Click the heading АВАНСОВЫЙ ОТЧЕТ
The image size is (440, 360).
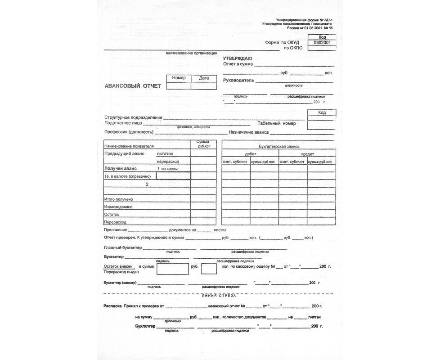coord(132,85)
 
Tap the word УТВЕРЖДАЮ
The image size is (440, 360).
coord(238,58)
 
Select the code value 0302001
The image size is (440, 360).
coord(322,43)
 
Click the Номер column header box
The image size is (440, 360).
coord(179,78)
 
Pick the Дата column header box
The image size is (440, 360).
coord(204,78)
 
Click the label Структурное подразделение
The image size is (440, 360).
coord(133,117)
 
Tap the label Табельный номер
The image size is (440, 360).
coord(277,123)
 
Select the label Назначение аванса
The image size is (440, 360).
coord(249,132)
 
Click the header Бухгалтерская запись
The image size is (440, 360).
coord(278,146)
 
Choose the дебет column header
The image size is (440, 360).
coord(250,154)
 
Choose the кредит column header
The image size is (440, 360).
coord(307,154)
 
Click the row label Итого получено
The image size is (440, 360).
coord(118,199)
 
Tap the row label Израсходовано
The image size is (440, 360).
coord(118,207)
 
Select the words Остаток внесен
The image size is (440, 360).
coord(118,266)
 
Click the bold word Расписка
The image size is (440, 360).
coord(113,306)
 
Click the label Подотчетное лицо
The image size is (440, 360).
coord(123,123)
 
